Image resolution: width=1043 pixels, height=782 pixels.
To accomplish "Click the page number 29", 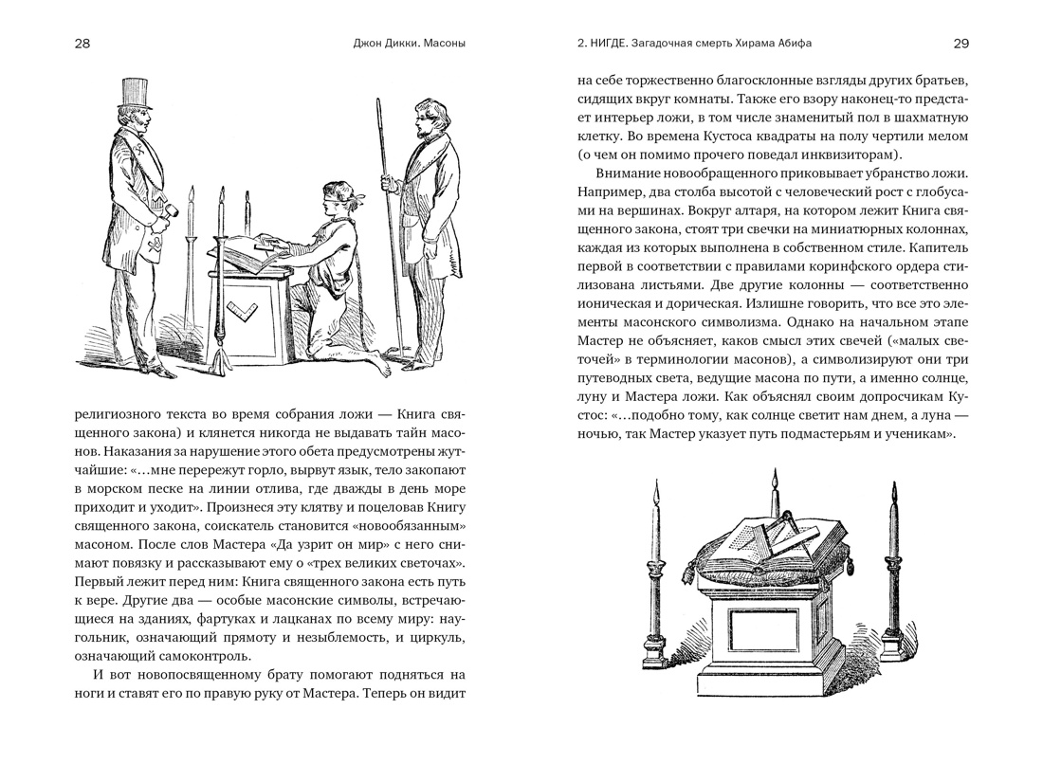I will [961, 44].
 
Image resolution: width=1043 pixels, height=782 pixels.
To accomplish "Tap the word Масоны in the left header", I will [445, 44].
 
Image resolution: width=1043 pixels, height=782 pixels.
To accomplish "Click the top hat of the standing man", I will [135, 92].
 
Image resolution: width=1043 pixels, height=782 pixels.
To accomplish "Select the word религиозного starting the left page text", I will [120, 416].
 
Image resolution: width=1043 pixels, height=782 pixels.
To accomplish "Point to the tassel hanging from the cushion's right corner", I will [851, 569].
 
